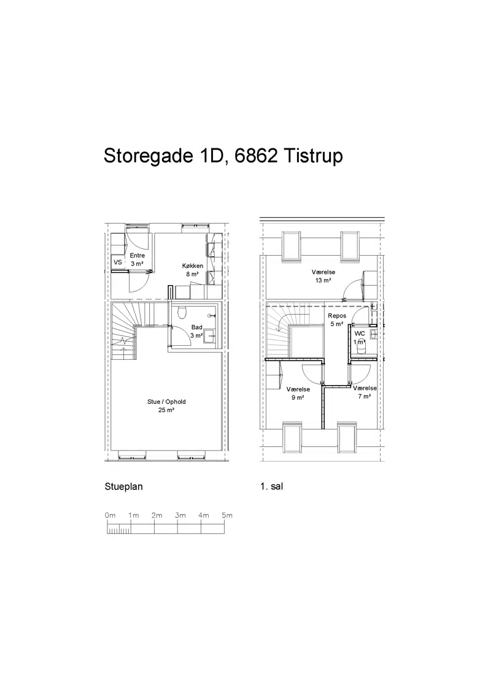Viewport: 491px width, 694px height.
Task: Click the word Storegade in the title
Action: click(x=148, y=156)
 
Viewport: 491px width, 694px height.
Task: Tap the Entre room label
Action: click(x=137, y=256)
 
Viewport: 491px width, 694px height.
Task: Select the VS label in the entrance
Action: click(x=118, y=262)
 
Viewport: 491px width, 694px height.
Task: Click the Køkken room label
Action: click(x=193, y=265)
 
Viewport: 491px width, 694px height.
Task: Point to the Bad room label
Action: click(x=197, y=327)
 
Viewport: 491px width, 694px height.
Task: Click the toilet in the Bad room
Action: click(x=181, y=313)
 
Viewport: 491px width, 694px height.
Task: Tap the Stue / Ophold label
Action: click(x=166, y=402)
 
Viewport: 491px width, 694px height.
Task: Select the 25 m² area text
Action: click(x=166, y=410)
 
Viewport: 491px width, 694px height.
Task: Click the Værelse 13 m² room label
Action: click(x=323, y=276)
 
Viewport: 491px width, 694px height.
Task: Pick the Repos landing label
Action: click(x=337, y=316)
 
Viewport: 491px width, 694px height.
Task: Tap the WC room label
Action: click(x=360, y=334)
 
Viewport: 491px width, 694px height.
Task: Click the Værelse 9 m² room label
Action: click(x=298, y=394)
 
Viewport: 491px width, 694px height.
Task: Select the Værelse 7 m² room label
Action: click(x=365, y=392)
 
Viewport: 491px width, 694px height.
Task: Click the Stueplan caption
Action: click(x=123, y=486)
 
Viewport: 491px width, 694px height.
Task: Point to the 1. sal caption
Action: click(x=272, y=486)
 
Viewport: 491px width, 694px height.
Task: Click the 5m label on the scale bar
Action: click(x=227, y=515)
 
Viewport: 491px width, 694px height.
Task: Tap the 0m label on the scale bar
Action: click(x=110, y=515)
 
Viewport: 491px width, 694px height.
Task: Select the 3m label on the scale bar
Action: click(x=180, y=515)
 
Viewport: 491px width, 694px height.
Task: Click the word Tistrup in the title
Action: click(x=313, y=156)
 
